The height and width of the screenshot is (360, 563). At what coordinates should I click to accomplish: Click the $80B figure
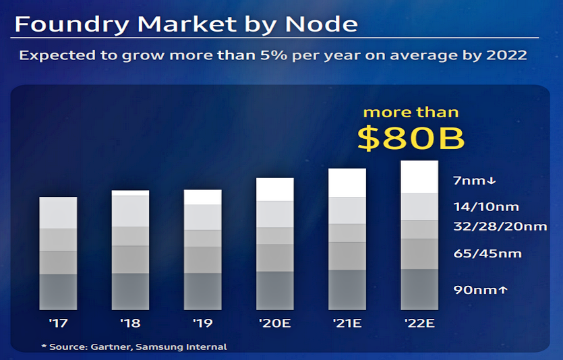tap(411, 138)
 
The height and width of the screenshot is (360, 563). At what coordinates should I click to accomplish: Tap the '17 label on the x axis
tap(58, 324)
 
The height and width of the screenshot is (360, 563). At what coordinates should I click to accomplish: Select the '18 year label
tap(130, 324)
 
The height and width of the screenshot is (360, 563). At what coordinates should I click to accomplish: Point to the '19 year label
tap(202, 324)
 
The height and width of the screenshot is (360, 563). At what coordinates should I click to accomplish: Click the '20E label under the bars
tap(274, 324)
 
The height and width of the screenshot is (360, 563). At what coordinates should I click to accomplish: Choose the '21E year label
tap(347, 324)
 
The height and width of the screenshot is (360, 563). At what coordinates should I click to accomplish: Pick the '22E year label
tap(419, 324)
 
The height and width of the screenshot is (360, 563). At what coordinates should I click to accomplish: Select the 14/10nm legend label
tap(485, 207)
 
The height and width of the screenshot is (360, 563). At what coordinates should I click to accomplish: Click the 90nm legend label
tap(480, 290)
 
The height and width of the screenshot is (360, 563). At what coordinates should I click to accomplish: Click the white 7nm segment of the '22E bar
tap(419, 177)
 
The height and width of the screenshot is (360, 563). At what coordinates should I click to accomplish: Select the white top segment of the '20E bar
tap(275, 189)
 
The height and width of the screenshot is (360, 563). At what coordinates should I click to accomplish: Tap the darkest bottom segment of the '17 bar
tap(58, 291)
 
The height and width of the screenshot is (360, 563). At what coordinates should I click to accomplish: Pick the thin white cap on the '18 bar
tap(130, 193)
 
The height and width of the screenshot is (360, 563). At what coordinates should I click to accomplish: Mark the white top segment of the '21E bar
tap(347, 183)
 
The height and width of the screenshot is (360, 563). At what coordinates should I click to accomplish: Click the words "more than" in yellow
tap(411, 112)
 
